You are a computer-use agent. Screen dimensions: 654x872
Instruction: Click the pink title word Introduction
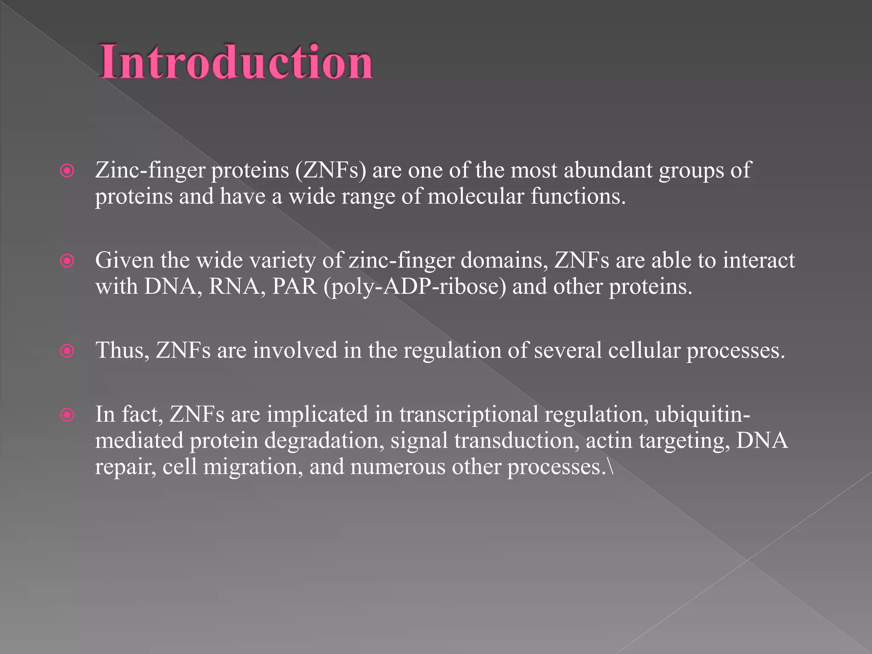(x=236, y=62)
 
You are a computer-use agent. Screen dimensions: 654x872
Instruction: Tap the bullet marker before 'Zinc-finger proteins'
(x=67, y=171)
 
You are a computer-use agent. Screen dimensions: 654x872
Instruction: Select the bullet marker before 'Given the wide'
(x=67, y=261)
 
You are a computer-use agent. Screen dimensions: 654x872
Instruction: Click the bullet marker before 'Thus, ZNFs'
(x=67, y=351)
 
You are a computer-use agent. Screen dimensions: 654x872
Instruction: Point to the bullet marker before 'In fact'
(x=67, y=415)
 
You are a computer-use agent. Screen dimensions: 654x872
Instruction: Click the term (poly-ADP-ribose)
(x=415, y=287)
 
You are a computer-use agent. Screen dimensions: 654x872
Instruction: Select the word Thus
(x=122, y=351)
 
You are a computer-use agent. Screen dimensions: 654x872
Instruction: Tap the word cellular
(x=644, y=351)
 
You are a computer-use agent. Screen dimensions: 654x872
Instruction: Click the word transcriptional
(x=469, y=415)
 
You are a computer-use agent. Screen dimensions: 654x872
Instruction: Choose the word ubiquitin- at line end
(x=703, y=415)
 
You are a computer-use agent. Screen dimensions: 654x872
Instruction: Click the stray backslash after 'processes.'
(x=611, y=467)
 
